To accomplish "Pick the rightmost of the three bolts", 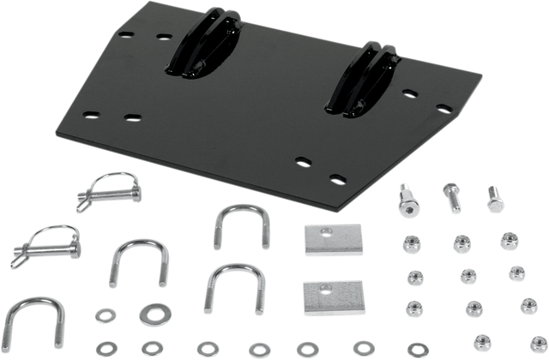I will [494, 201].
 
